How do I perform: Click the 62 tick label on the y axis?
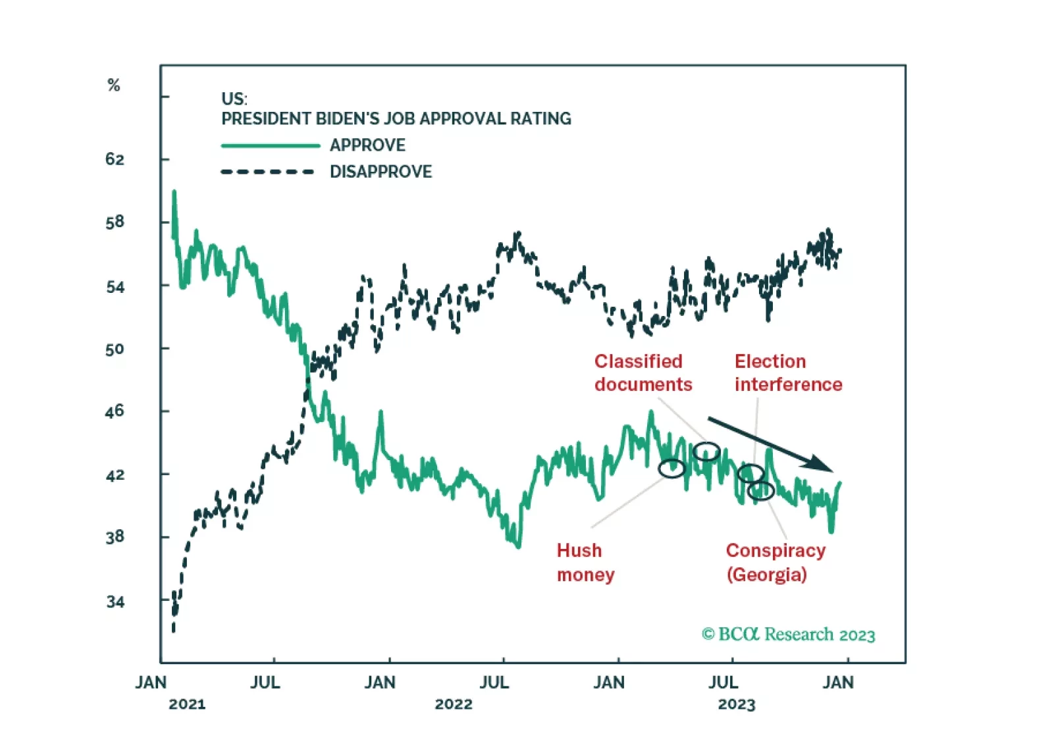click(115, 159)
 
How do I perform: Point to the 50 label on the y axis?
click(115, 349)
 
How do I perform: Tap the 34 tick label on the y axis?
click(115, 602)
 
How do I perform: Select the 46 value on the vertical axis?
click(115, 411)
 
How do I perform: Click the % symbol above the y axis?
click(114, 85)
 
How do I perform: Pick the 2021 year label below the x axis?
click(187, 704)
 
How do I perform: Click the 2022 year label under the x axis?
click(454, 704)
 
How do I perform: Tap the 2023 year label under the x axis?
click(737, 704)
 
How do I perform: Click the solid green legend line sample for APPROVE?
click(271, 145)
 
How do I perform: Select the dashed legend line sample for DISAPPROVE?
click(268, 172)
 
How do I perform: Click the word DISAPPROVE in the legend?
click(381, 172)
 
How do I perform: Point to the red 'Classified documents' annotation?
click(643, 373)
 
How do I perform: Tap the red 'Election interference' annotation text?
click(788, 373)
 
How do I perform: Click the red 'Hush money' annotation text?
click(585, 562)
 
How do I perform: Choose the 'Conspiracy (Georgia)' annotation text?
click(776, 562)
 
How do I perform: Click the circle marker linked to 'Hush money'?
click(671, 468)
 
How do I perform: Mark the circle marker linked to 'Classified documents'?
click(706, 452)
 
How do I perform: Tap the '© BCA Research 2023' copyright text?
click(788, 635)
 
